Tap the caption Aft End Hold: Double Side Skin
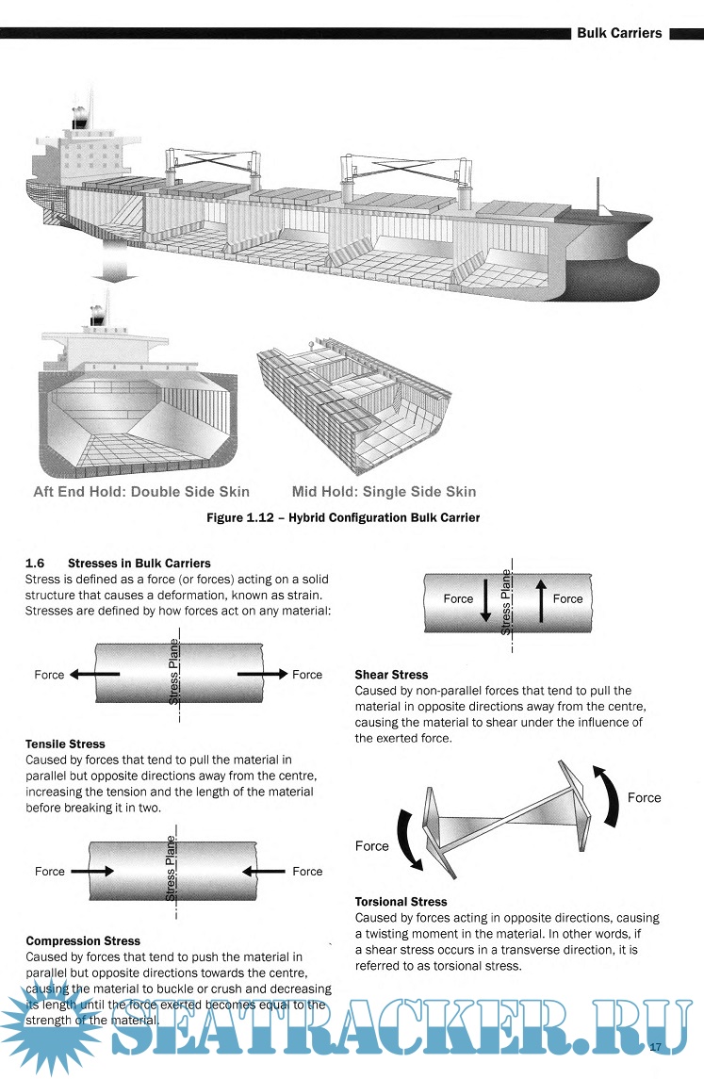coord(141,491)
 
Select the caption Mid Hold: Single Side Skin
coord(384,491)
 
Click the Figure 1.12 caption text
coord(343,517)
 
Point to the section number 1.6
coord(36,563)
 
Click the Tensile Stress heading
coord(65,744)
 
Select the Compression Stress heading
coord(83,940)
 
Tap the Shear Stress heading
coord(391,675)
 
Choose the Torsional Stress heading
coord(401,902)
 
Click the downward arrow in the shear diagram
coord(485,600)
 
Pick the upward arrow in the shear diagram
coord(541,600)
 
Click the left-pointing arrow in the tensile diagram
coord(94,675)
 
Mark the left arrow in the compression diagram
coord(92,872)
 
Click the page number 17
coord(656,1046)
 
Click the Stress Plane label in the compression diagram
coord(172,873)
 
